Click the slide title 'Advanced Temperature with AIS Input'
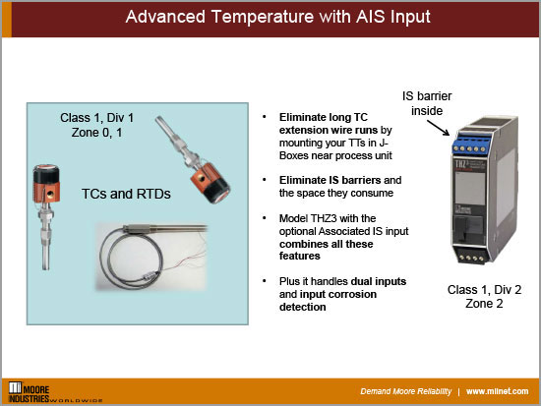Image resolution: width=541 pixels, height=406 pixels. pyautogui.click(x=270, y=18)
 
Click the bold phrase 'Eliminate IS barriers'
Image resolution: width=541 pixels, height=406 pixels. pyautogui.click(x=311, y=179)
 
